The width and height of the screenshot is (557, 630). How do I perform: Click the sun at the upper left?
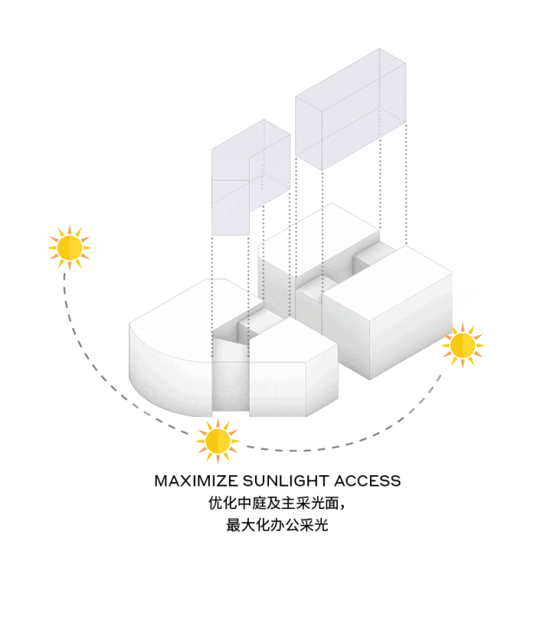[x=69, y=247]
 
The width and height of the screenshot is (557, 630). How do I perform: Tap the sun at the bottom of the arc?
[x=217, y=439]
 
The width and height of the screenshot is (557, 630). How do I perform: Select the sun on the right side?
[x=462, y=346]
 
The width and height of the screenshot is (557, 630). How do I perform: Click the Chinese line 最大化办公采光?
[x=278, y=526]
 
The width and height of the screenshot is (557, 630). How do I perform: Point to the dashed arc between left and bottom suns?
[x=104, y=374]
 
